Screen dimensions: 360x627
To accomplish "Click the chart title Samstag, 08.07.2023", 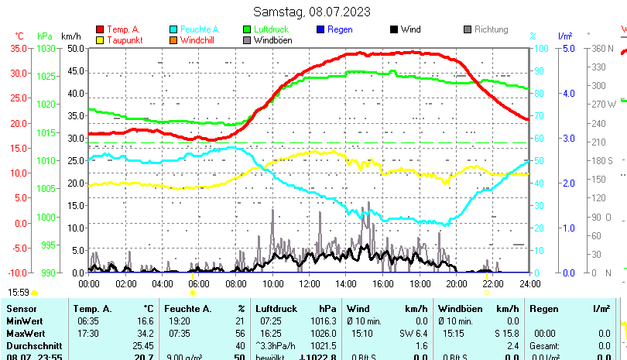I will pos(312,12).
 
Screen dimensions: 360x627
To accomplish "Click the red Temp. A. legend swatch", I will pos(100,29).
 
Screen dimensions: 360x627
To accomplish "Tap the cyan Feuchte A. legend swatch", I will pos(173,29).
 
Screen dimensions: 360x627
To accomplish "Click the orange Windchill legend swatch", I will pos(173,40).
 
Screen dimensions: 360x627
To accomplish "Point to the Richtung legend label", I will pos(491,29).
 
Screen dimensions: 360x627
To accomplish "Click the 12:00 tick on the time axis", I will pos(309,284).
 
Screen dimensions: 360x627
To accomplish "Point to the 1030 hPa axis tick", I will pos(46,48).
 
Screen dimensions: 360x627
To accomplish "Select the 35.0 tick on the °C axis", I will pos(18,48).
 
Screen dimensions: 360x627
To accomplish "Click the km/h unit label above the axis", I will pos(70,36).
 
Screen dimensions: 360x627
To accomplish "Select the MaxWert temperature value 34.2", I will pos(145,333).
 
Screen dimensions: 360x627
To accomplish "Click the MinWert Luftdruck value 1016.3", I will pos(326,321).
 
